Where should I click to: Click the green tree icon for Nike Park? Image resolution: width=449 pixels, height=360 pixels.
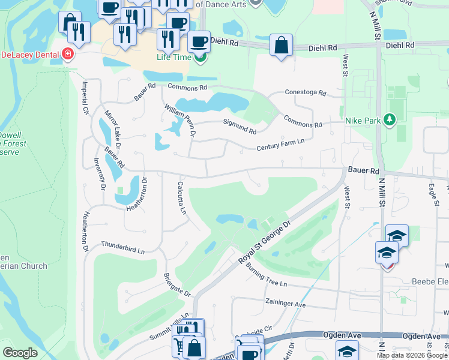390,120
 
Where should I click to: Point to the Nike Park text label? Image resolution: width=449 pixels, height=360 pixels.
363,121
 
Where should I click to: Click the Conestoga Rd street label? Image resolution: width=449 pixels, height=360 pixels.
305,93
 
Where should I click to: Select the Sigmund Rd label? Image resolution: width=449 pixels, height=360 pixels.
240,127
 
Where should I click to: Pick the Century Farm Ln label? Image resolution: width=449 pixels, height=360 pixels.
280,143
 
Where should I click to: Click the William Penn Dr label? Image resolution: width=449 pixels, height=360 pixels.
180,119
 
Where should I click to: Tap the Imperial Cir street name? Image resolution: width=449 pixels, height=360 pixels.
85,98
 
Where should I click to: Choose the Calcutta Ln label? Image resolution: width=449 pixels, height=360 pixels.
182,199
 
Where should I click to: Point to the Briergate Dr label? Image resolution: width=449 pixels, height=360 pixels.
176,285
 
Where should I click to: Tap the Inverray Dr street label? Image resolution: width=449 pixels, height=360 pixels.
100,175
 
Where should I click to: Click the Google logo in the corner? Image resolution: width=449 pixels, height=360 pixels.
20,353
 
